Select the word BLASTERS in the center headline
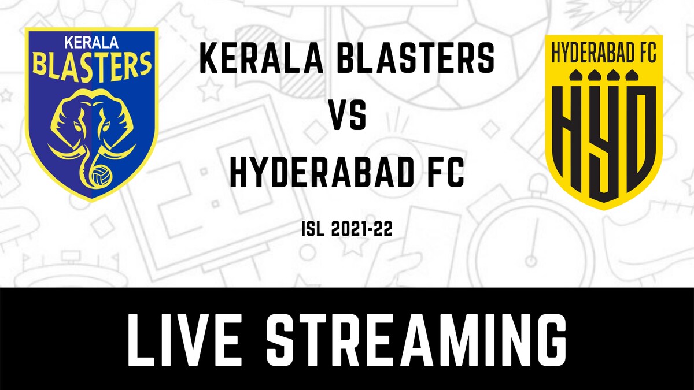[416, 60]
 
